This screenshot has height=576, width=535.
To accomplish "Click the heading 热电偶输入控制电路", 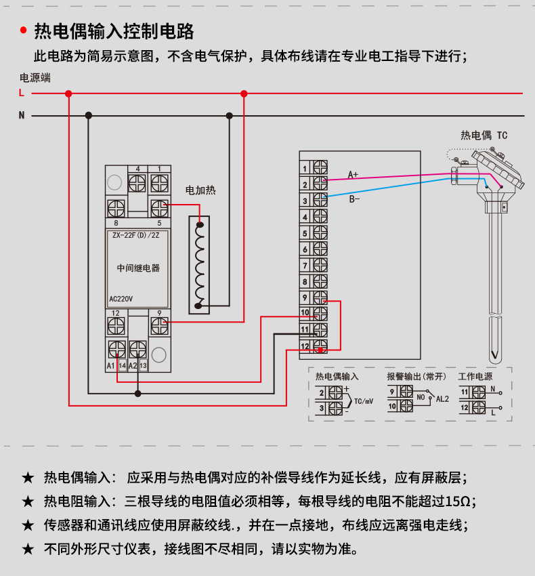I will (114, 31).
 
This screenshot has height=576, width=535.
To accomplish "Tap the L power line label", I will (22, 93).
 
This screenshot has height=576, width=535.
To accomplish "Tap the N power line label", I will (22, 116).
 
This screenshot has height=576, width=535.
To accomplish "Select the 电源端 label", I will (35, 77).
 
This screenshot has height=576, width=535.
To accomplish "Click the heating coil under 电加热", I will (200, 264).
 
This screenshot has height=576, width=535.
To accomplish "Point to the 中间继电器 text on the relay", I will (138, 268).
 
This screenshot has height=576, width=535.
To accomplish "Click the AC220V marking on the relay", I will (121, 299).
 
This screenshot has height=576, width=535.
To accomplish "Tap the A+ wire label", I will (354, 174).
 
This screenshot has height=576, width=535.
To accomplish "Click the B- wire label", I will (354, 199).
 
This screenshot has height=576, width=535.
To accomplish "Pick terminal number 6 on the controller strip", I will (305, 249).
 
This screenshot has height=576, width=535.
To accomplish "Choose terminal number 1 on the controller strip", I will (305, 168).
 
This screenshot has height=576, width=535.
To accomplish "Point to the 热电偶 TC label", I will (484, 136).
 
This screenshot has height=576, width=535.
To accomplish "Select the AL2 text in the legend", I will (442, 399).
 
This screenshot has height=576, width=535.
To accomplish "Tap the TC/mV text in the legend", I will (364, 401).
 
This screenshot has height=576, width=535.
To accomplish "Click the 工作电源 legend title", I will (475, 376).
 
